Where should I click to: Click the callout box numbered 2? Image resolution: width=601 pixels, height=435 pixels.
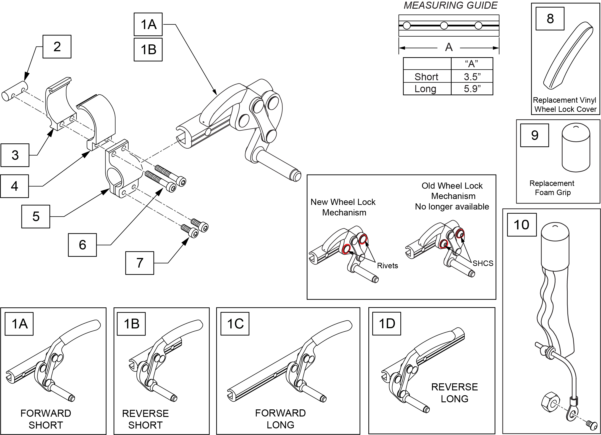click(x=57, y=47)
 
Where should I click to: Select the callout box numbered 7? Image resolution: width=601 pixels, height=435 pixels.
click(x=140, y=263)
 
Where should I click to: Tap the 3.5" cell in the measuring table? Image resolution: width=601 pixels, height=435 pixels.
click(x=472, y=77)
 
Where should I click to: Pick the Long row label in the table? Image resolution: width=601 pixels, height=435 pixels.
click(x=425, y=89)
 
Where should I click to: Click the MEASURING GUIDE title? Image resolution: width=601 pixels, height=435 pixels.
click(x=450, y=5)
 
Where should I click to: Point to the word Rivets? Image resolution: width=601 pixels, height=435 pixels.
click(x=387, y=266)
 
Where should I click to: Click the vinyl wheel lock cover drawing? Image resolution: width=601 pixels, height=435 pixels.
click(x=568, y=56)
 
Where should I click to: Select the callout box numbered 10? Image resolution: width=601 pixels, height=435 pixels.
click(x=521, y=225)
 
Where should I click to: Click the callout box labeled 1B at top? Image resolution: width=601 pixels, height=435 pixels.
click(x=148, y=50)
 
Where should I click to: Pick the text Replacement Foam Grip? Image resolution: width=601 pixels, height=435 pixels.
click(x=552, y=188)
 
